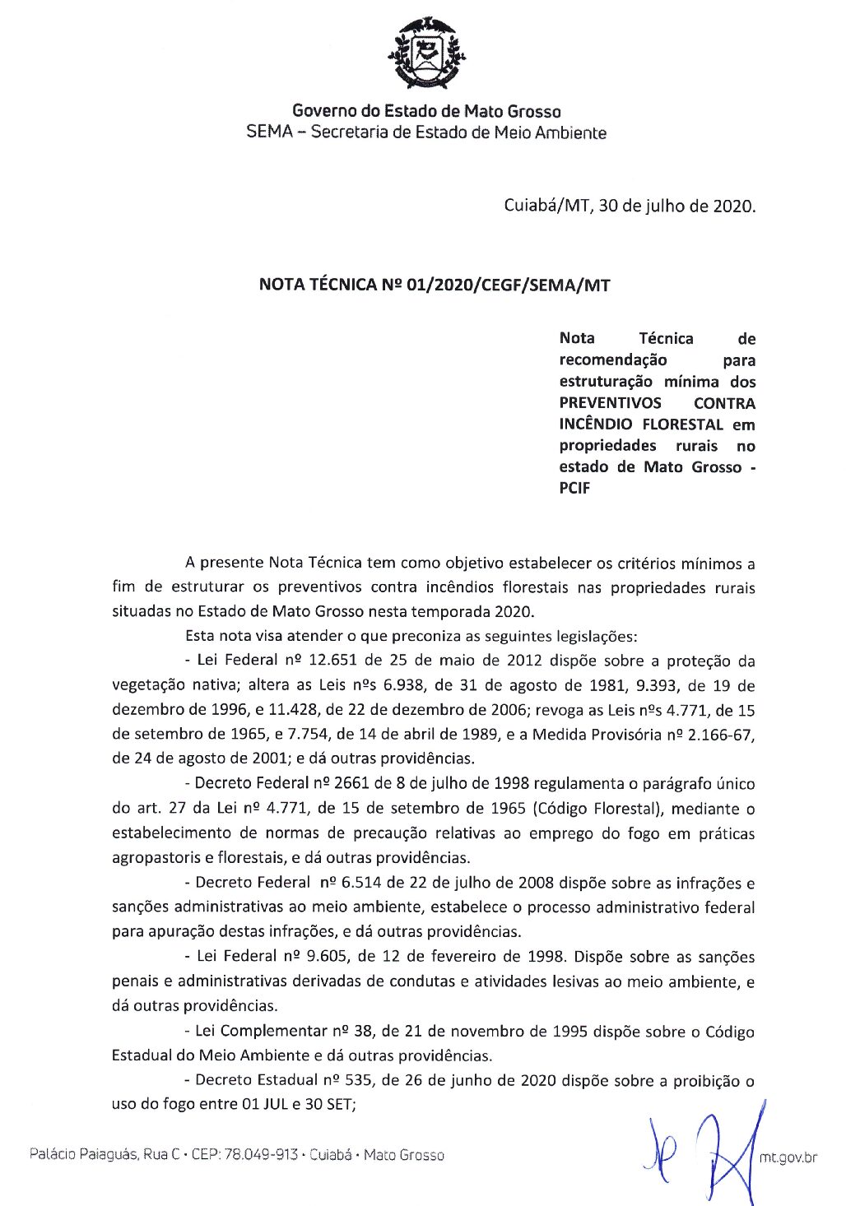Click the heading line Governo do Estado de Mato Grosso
click(x=426, y=111)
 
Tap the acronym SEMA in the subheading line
click(x=269, y=132)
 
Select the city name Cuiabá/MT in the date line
click(x=546, y=206)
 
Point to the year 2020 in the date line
click(x=732, y=206)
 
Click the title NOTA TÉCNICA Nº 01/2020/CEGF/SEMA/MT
click(x=435, y=285)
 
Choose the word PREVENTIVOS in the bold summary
click(x=610, y=403)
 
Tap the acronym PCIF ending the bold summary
click(x=574, y=489)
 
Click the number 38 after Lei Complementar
click(x=363, y=1031)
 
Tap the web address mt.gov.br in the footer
click(x=788, y=1157)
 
